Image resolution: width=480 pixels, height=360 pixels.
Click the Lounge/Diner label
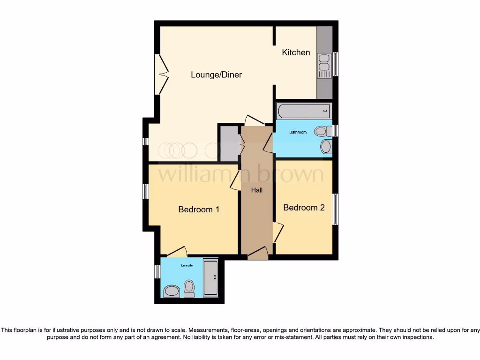coord(216,75)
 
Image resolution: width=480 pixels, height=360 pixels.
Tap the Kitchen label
coord(296,52)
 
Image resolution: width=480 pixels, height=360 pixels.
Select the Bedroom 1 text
coord(199,210)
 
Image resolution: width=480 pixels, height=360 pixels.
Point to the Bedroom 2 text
coord(304,208)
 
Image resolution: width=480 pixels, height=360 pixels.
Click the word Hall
coord(256,190)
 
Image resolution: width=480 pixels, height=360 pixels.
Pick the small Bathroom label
coord(298,132)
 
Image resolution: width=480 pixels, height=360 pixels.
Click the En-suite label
coord(187,265)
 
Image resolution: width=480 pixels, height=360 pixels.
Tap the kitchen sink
coord(324,66)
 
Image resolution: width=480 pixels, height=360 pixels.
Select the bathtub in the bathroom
coord(304,111)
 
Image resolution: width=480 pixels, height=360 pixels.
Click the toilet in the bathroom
coord(323,131)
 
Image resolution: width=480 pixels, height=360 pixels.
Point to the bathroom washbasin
coord(326,147)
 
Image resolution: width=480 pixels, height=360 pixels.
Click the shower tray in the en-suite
coord(210,278)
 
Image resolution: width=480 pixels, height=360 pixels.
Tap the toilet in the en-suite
coord(189,288)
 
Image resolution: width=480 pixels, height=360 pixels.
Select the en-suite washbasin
coord(171,292)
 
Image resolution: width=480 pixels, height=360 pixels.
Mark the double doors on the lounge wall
coord(161,74)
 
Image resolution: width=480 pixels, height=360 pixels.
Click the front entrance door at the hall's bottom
coord(257,254)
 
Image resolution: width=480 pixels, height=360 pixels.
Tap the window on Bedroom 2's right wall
coord(336,209)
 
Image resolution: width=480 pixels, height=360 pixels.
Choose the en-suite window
coord(157,271)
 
